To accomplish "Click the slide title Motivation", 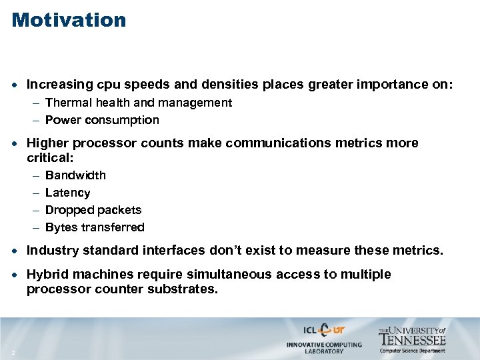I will [69, 20].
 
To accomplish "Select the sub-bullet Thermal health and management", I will [139, 103].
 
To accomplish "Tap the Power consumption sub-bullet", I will [102, 120].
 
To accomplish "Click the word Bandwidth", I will [75, 175].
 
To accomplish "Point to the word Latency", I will [67, 193].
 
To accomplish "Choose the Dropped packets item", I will [93, 210].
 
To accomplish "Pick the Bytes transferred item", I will [95, 227].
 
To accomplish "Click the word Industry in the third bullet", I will [51, 251].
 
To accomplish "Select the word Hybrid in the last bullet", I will [46, 275].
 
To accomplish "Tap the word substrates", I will [185, 289].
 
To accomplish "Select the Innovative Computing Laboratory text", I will [324, 347].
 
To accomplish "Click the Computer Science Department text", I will [413, 350].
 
